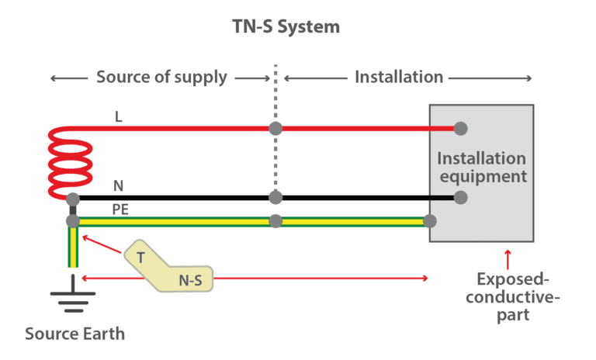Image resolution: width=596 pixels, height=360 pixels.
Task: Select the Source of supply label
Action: point(161,77)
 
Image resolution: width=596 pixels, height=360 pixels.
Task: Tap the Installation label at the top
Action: point(399,77)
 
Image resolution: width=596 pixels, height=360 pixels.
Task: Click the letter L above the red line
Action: point(118,116)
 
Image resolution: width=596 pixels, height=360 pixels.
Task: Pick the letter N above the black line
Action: point(118,186)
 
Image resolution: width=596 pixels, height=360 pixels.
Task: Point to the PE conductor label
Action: point(121,209)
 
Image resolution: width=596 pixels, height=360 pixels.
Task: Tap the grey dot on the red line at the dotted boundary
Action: point(274,128)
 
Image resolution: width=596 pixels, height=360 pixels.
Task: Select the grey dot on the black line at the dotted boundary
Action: point(274,197)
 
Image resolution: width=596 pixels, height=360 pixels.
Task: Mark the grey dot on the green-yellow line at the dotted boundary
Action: point(274,221)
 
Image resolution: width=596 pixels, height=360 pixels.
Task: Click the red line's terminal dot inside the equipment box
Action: point(460,128)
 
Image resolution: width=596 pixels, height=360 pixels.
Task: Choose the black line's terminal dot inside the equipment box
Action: point(460,197)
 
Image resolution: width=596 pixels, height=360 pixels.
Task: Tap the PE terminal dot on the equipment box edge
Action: point(430,221)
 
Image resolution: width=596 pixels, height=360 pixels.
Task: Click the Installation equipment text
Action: point(481,168)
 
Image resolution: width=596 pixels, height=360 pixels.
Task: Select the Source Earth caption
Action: point(74,334)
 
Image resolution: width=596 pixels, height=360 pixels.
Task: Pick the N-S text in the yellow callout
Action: point(189,280)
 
